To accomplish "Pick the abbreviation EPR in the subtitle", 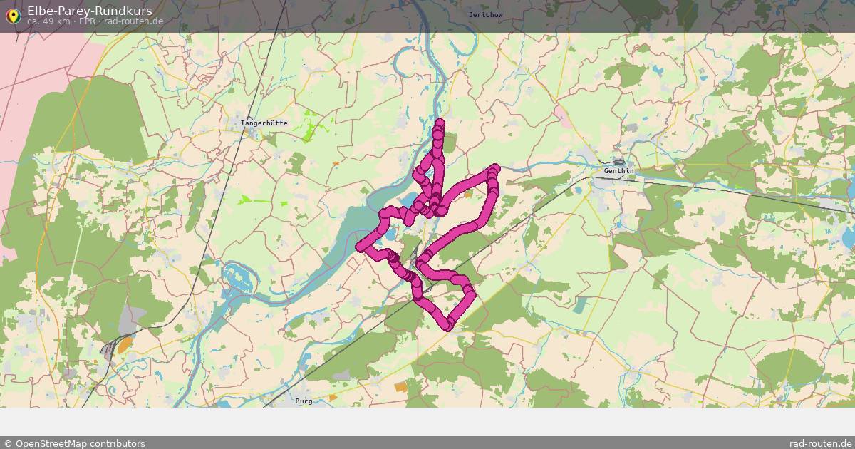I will point(87,21).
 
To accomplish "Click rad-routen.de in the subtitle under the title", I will point(134,21).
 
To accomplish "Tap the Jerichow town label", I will point(486,14).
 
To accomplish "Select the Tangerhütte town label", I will point(264,123).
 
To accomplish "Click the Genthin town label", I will point(618,171).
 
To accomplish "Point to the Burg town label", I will point(304,401).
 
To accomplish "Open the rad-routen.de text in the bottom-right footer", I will point(820,443).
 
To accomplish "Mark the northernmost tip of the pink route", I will point(440,123).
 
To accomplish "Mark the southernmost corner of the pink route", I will point(448,325).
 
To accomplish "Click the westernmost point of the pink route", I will point(361,247).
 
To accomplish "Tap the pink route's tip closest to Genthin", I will point(494,170).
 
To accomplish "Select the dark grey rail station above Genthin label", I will point(617,162).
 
